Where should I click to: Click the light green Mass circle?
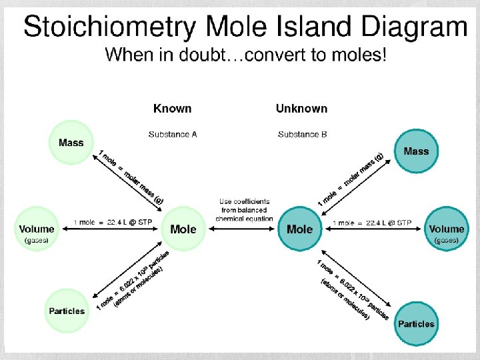(x=71, y=143)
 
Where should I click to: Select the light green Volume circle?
(x=37, y=229)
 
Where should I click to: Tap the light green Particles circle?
(x=67, y=311)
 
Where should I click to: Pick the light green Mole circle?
(x=183, y=229)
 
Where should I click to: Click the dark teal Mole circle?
(x=299, y=229)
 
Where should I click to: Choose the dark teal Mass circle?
(x=416, y=151)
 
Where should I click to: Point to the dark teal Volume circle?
(x=446, y=229)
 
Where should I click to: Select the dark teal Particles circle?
(x=416, y=324)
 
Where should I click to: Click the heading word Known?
(x=172, y=108)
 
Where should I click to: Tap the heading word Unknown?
(x=301, y=108)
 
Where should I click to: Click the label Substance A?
(x=173, y=134)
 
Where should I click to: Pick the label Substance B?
(x=302, y=134)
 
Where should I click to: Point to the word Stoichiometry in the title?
(x=109, y=28)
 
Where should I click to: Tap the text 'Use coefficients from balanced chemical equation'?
(x=244, y=209)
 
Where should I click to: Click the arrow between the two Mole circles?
(x=244, y=229)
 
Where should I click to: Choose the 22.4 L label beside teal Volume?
(x=372, y=223)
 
